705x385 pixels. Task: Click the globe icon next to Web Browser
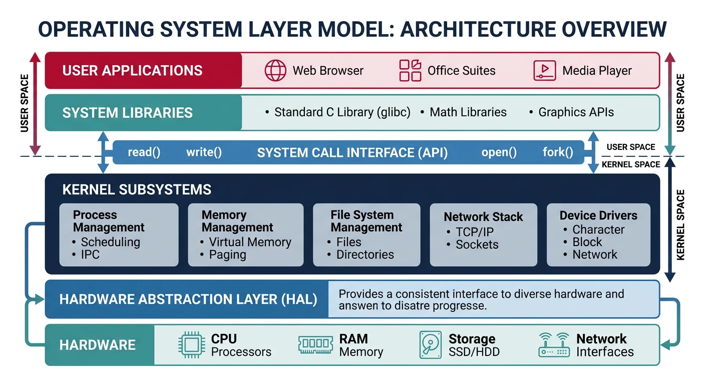pyautogui.click(x=275, y=71)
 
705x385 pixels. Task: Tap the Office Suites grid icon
pyautogui.click(x=410, y=71)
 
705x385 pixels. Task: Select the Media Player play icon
pyautogui.click(x=545, y=71)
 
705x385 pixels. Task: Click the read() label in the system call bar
pyautogui.click(x=144, y=152)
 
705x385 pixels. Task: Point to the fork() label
pyautogui.click(x=558, y=152)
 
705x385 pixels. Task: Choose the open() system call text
pyautogui.click(x=499, y=152)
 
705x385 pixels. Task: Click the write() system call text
pyautogui.click(x=204, y=152)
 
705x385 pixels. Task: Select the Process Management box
pyautogui.click(x=119, y=234)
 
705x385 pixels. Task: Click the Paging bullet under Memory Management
pyautogui.click(x=227, y=255)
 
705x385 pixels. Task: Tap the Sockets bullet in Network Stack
pyautogui.click(x=477, y=245)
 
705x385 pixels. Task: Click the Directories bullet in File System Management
pyautogui.click(x=365, y=255)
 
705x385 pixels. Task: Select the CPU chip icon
pyautogui.click(x=191, y=345)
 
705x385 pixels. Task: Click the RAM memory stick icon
pyautogui.click(x=316, y=345)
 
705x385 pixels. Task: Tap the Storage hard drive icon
pyautogui.click(x=430, y=345)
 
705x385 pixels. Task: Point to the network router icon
pyautogui.click(x=554, y=345)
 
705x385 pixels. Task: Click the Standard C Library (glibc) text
pyautogui.click(x=342, y=112)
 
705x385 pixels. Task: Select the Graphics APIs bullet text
pyautogui.click(x=576, y=112)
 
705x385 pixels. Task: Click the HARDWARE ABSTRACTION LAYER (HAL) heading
pyautogui.click(x=188, y=300)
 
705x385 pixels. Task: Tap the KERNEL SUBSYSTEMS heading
pyautogui.click(x=137, y=190)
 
